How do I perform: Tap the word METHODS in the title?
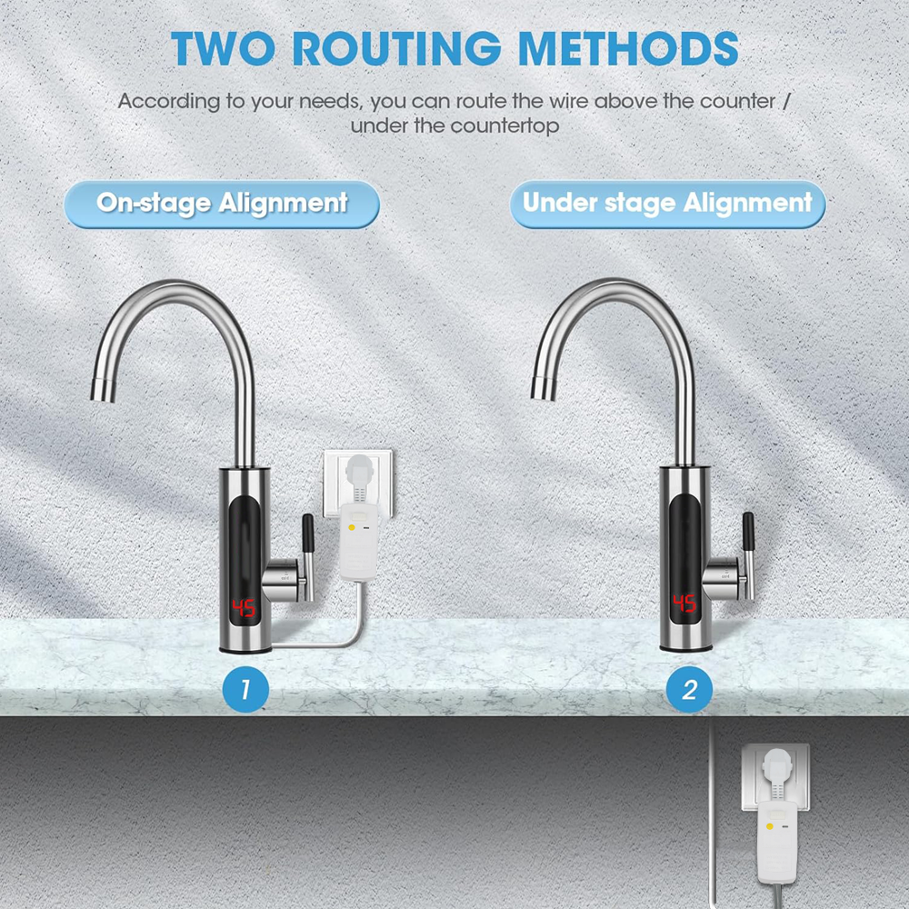[628, 48]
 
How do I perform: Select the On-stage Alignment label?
[222, 204]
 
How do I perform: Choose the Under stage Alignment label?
[667, 204]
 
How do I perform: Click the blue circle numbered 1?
[245, 689]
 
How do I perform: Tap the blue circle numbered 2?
[689, 689]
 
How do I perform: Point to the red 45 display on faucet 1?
[244, 608]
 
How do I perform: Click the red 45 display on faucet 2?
[684, 604]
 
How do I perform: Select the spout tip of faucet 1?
[103, 389]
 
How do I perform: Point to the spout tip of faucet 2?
[544, 388]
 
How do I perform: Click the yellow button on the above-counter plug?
[352, 527]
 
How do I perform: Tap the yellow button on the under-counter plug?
[770, 826]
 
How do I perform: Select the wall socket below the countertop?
[775, 777]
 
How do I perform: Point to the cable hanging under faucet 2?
[713, 812]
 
